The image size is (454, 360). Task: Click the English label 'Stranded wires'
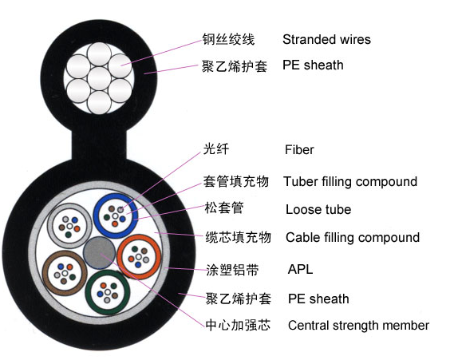point(326,39)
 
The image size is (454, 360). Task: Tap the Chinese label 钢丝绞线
point(228,39)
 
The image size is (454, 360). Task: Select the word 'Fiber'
point(299,150)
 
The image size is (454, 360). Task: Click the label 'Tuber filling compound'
point(350,181)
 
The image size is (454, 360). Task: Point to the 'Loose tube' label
point(318,209)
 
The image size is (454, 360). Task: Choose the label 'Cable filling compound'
point(353,238)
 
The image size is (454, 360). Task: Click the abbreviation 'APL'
point(300,269)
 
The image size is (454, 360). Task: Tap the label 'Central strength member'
point(358,325)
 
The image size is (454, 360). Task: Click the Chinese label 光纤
point(216,149)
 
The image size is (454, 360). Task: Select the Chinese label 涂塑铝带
point(232,270)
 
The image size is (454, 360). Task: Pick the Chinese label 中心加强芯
point(239,325)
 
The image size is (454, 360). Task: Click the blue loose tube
point(96,216)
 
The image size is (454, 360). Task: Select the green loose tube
point(88,292)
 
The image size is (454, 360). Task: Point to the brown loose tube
point(45,273)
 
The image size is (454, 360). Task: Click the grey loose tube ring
point(50,226)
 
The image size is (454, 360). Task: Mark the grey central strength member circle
point(99,253)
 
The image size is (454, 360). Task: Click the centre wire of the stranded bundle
point(99,78)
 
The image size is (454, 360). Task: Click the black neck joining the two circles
point(99,144)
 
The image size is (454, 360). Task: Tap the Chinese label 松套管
point(224,208)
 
